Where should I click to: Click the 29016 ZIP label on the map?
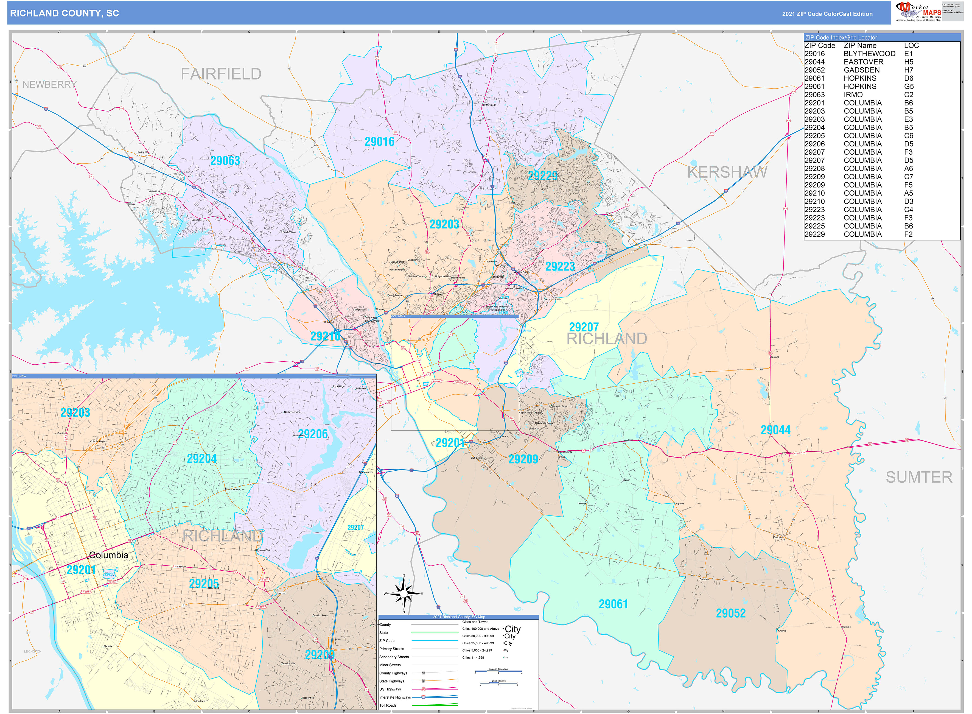click(379, 142)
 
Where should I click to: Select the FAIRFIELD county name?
click(221, 74)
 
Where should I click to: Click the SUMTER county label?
click(918, 477)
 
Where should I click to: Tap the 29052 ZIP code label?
click(730, 613)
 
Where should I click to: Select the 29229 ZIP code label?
click(543, 176)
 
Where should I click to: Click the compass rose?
click(404, 593)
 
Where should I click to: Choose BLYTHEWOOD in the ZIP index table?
click(869, 54)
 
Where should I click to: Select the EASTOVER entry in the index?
click(863, 62)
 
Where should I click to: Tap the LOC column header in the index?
click(911, 45)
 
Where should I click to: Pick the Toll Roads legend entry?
click(388, 705)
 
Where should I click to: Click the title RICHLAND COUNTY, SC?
click(64, 13)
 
